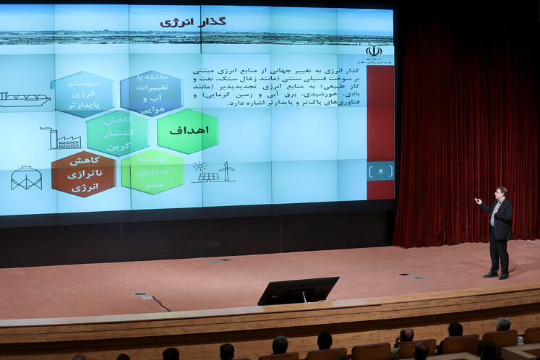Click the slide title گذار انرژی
pyautogui.click(x=192, y=22)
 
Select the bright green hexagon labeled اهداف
pyautogui.click(x=188, y=131)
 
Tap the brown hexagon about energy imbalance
pyautogui.click(x=83, y=174)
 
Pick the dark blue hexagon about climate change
pyautogui.click(x=151, y=93)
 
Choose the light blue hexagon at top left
pyautogui.click(x=82, y=94)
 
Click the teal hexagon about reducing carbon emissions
pyautogui.click(x=117, y=134)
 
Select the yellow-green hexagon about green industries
pyautogui.click(x=152, y=172)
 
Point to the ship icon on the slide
pyautogui.click(x=24, y=99)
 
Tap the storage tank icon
pyautogui.click(x=26, y=178)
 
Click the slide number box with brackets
pyautogui.click(x=380, y=171)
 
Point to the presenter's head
pyautogui.click(x=500, y=193)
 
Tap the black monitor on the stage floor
pyautogui.click(x=298, y=290)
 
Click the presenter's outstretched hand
pyautogui.click(x=477, y=200)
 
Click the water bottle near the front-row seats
pyautogui.click(x=520, y=340)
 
